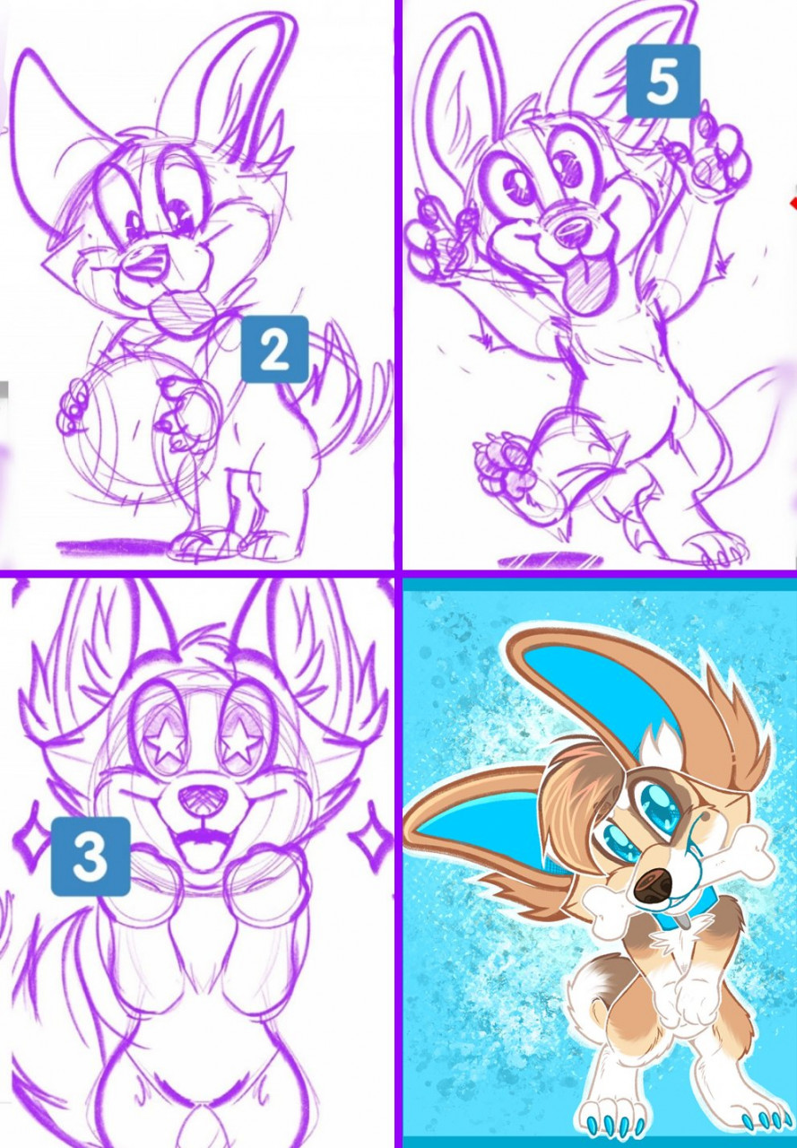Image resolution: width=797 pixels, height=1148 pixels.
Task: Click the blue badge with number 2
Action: pyautogui.click(x=274, y=349)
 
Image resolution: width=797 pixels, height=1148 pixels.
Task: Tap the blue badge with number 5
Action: pyautogui.click(x=663, y=81)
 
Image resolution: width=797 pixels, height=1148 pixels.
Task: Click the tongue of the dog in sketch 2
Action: pyautogui.click(x=180, y=310)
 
